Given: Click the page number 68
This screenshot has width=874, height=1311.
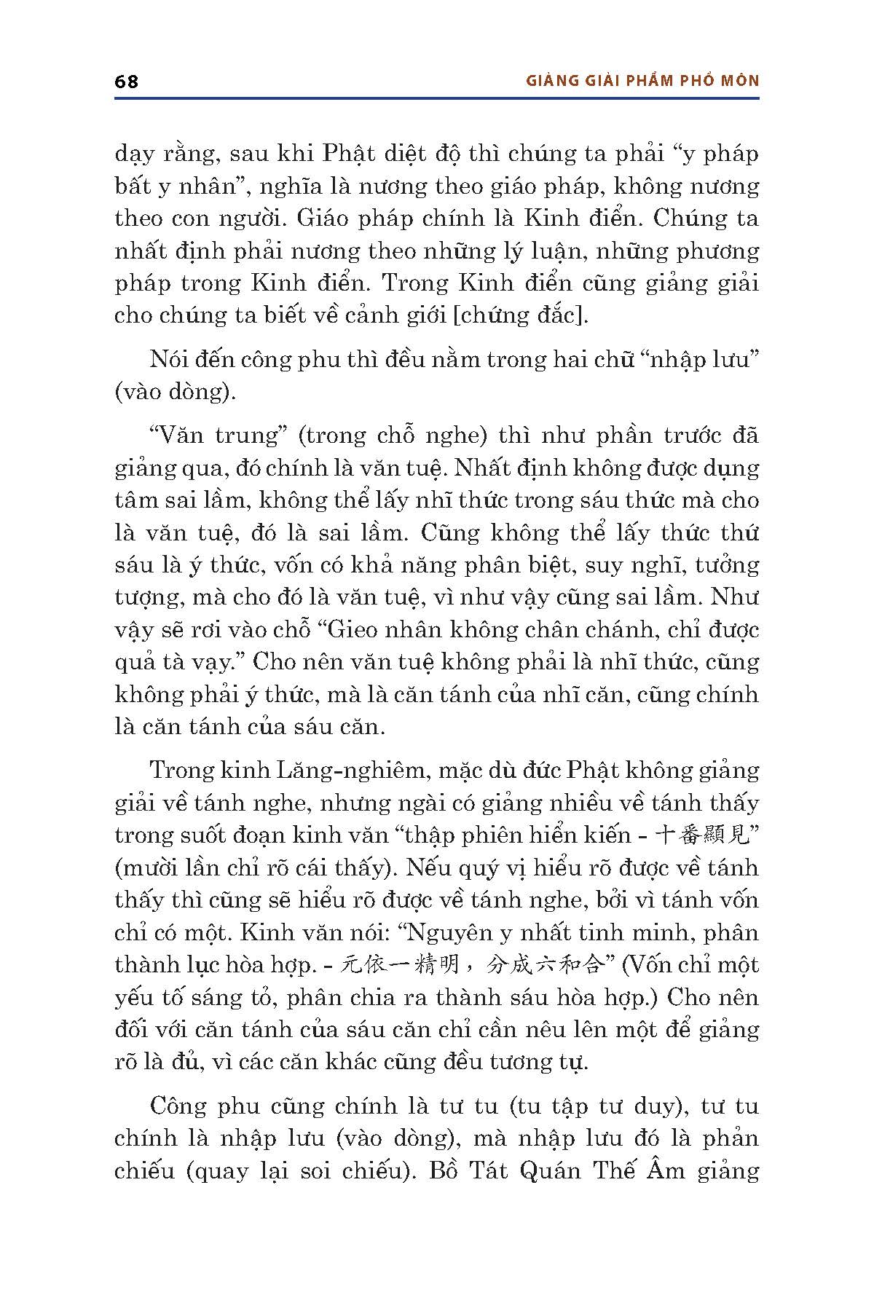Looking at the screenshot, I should coord(126,81).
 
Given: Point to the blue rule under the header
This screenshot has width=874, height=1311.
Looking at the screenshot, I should coord(437,98).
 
